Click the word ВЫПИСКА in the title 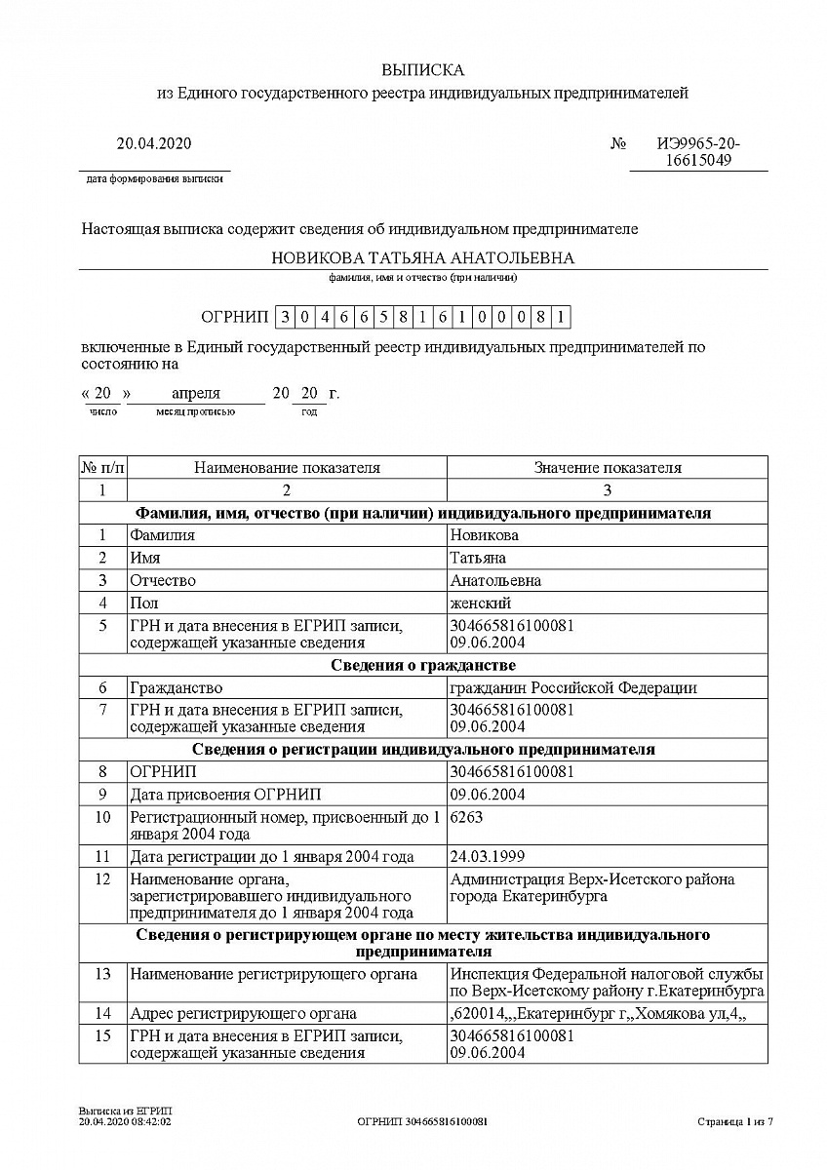[422, 70]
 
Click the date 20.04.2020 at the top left [154, 144]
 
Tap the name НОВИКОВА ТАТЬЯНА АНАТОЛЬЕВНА [422, 258]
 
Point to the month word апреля [196, 394]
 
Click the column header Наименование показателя [287, 468]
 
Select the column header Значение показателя [607, 468]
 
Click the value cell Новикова [484, 535]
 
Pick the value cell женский [480, 604]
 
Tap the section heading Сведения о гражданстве [422, 666]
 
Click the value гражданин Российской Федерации [573, 688]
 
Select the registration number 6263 [466, 818]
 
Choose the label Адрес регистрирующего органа [243, 1014]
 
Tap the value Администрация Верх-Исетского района [592, 879]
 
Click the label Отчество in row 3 [163, 581]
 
